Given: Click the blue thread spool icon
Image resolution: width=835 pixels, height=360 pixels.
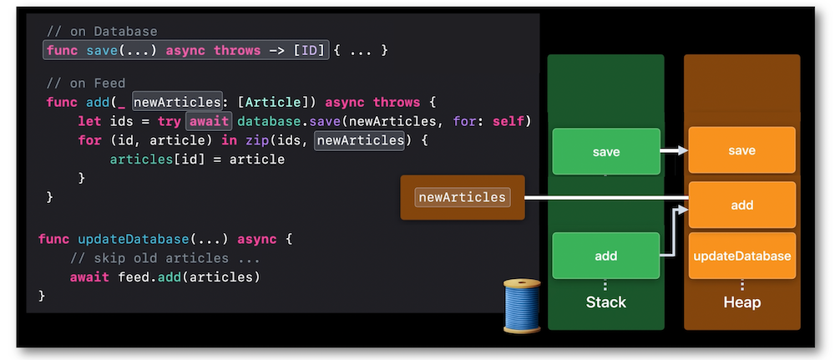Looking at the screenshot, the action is coord(522,306).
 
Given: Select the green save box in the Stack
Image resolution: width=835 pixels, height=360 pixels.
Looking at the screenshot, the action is coord(606,152).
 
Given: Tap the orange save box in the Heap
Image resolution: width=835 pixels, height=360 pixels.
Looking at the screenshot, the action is coord(741,150).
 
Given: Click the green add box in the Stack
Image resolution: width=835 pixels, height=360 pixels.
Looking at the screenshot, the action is coord(606,256).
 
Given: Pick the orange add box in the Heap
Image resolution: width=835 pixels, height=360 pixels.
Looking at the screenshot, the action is coord(741,205).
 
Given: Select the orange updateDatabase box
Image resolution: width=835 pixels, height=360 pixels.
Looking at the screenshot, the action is coord(741,256).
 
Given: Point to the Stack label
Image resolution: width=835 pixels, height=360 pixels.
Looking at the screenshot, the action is coord(606,302).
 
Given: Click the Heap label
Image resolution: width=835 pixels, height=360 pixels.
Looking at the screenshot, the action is coord(741,302).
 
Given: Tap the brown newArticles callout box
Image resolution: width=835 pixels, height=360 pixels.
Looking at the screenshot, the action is coord(463,198).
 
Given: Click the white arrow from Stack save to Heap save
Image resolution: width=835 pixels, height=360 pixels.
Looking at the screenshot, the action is coord(674,151).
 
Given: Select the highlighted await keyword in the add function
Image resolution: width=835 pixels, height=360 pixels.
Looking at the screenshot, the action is coord(209,121).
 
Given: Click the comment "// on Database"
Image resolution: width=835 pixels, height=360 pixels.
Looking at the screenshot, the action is coord(102,32).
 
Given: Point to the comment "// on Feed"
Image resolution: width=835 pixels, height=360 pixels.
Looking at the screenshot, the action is coord(86,83).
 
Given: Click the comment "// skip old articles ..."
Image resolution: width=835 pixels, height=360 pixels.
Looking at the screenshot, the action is coord(165,258).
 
